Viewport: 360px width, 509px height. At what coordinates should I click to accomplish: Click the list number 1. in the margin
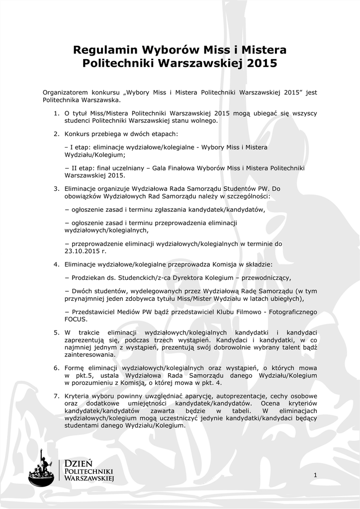[57, 113]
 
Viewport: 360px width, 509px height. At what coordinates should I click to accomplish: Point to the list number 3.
[57, 188]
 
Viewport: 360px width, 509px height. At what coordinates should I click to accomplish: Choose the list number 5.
[57, 332]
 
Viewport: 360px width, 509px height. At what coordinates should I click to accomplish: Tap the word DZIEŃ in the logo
[79, 463]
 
